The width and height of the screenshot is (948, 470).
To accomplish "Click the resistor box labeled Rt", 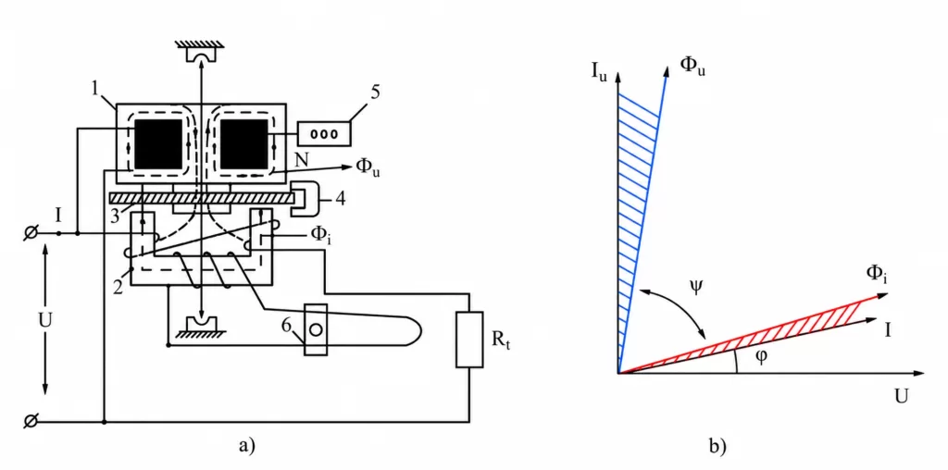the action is point(469,340).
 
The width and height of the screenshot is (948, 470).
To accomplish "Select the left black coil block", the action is point(157,143).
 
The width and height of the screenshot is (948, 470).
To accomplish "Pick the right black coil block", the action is point(244,143).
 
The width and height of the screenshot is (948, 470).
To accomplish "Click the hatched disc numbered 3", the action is point(201,198).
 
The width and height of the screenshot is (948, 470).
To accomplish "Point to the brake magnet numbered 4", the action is point(306,199).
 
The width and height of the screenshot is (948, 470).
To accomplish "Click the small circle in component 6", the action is point(315,330).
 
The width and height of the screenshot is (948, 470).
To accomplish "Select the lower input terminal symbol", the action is point(28,421).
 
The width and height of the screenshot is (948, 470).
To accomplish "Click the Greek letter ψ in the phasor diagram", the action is point(696,286).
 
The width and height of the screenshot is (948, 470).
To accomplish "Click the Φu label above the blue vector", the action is point(693,66).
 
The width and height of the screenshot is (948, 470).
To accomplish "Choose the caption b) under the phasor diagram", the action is point(717,447).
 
